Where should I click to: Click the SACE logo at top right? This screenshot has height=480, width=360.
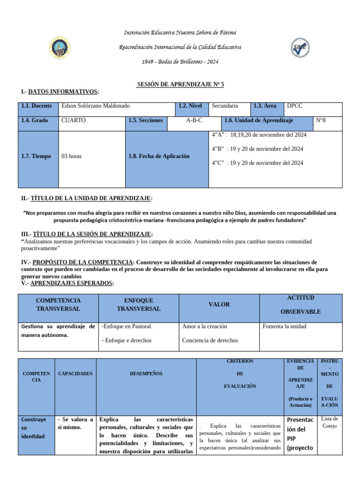coord(300,47)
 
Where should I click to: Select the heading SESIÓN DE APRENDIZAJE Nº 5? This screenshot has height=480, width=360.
coord(180,84)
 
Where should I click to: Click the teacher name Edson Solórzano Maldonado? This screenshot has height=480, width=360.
coord(96,106)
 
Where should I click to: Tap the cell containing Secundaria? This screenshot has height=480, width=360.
coord(225,106)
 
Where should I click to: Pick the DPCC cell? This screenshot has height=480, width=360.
coord(294,106)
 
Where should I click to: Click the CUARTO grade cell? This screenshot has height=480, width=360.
coord(74,120)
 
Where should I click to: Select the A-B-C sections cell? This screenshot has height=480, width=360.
coord(194,120)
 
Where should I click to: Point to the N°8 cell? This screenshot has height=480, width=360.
coord(321,120)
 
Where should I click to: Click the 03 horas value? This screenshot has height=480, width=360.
coord(71,156)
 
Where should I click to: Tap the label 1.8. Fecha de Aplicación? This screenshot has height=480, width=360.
coord(159,156)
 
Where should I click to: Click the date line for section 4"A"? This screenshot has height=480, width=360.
coord(259,135)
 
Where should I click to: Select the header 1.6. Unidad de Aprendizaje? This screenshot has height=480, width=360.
coord(259,120)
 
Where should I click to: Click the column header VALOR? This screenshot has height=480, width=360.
coord(219,305)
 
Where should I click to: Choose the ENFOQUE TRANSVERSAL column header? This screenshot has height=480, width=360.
coord(138,305)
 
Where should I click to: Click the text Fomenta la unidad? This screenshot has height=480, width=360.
coord(285,326)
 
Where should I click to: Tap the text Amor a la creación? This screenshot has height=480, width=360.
coord(204,326)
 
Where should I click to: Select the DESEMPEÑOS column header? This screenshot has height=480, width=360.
coord(146,374)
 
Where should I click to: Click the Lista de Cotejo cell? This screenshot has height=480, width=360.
coord(330,422)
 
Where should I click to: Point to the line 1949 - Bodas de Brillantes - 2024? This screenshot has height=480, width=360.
coord(180,62)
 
